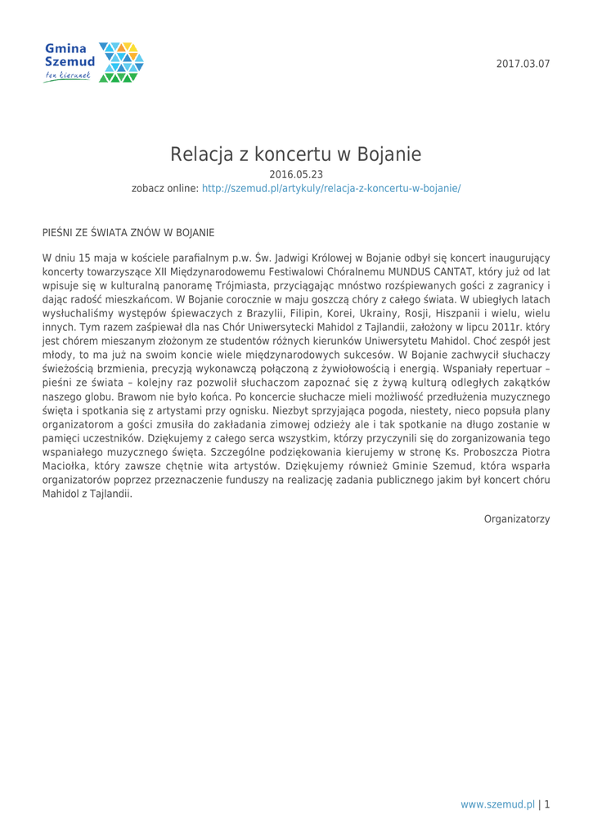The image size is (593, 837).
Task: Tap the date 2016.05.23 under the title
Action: point(296,173)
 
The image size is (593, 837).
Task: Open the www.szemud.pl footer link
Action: point(497,804)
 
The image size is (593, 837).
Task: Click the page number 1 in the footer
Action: point(546,804)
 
